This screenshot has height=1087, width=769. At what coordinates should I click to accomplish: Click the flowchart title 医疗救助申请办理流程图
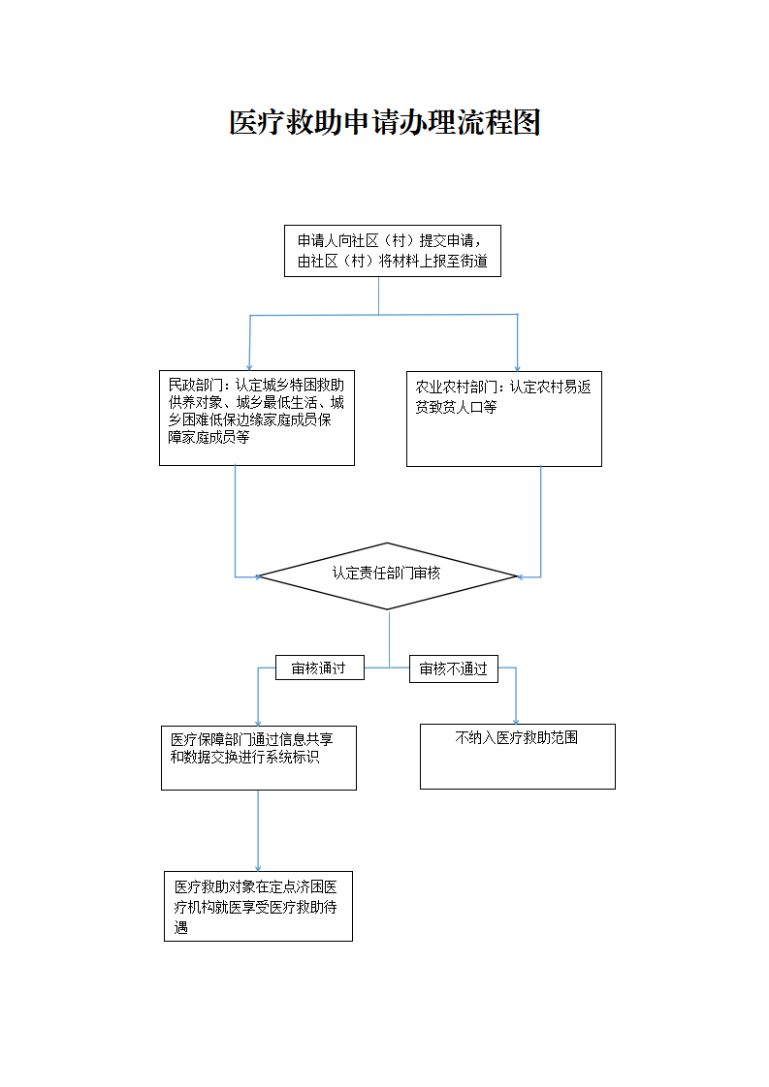[384, 123]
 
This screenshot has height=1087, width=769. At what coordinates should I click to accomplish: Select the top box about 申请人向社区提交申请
[392, 251]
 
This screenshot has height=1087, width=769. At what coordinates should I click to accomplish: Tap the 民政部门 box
[256, 418]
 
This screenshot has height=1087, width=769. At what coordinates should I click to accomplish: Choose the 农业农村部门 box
[503, 418]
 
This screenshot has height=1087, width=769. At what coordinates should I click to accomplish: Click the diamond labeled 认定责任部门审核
[387, 575]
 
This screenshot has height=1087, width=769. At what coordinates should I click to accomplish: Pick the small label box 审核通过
[319, 668]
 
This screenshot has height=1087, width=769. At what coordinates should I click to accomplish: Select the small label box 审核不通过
[453, 668]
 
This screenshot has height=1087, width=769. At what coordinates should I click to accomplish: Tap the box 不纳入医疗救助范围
[517, 756]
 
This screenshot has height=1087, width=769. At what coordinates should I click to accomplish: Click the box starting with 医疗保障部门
[258, 758]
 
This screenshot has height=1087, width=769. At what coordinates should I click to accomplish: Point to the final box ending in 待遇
[258, 906]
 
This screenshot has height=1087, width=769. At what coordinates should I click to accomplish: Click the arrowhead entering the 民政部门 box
[249, 365]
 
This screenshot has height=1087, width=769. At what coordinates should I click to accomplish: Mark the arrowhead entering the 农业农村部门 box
[518, 366]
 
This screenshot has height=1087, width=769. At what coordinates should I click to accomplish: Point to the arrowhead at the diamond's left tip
[259, 576]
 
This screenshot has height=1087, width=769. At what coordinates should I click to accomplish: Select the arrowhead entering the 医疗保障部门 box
[258, 722]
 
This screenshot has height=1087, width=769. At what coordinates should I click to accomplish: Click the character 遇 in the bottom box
[180, 927]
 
